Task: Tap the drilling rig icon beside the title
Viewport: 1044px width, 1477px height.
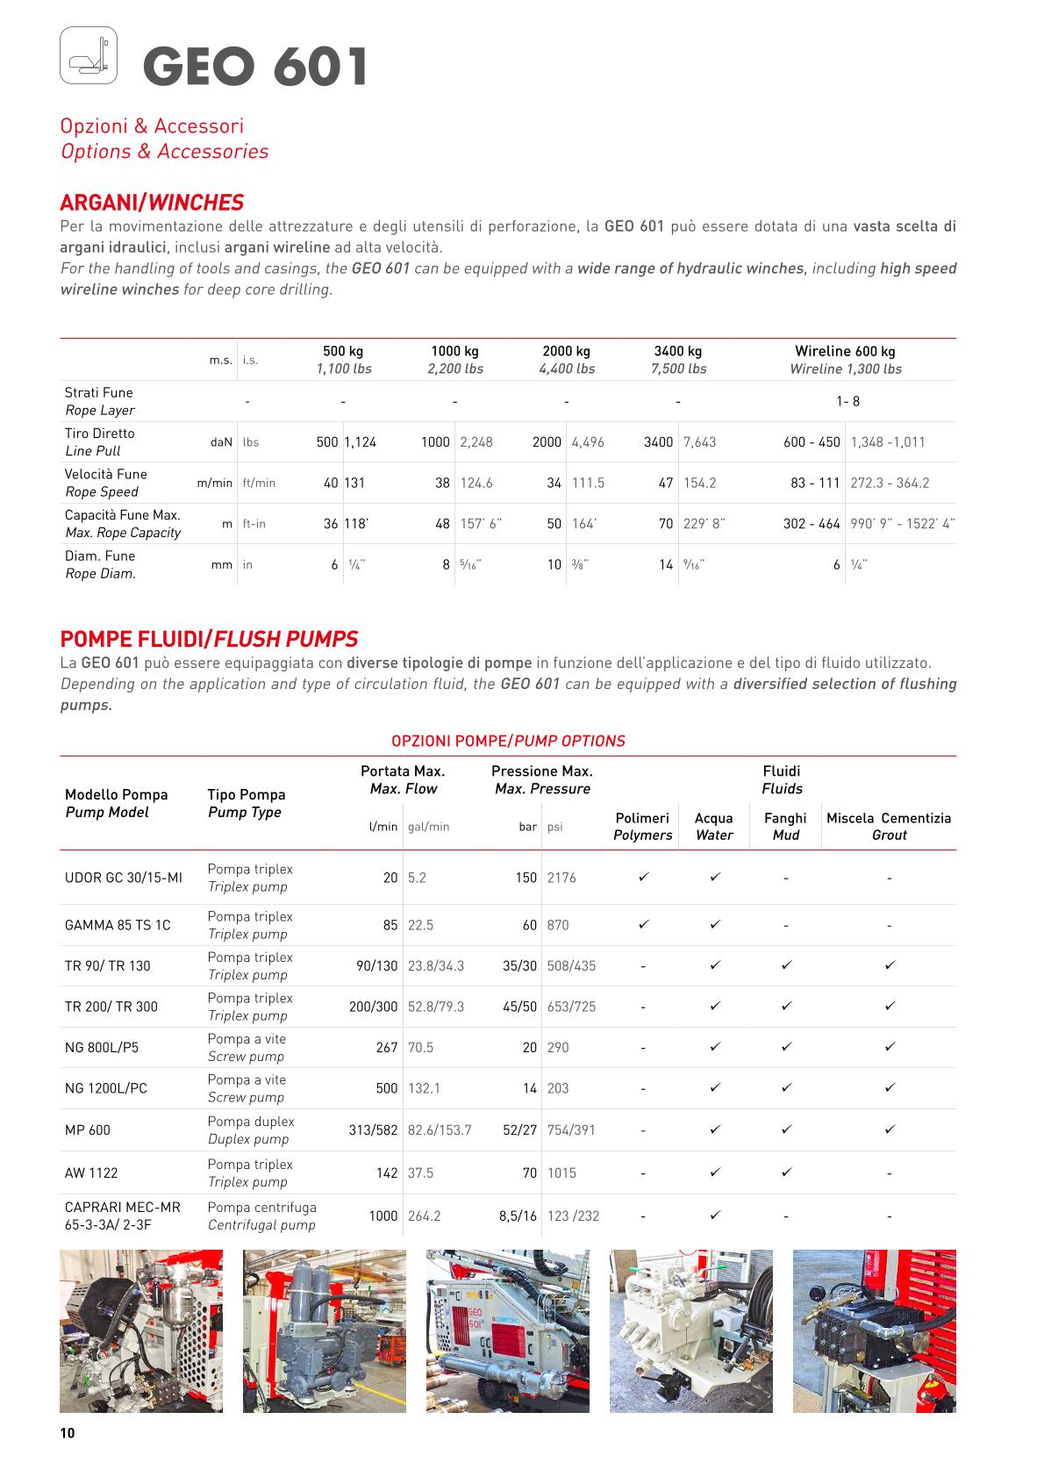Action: click(89, 55)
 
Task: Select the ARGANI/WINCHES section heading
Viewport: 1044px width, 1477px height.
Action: click(152, 203)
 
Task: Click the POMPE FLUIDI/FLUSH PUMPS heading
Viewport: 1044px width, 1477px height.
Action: click(209, 639)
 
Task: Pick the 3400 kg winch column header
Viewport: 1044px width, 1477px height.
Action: click(678, 360)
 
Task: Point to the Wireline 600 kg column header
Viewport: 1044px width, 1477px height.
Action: click(845, 360)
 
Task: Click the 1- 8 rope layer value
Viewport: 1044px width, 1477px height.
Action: click(847, 401)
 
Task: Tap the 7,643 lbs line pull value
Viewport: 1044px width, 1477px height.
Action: click(699, 442)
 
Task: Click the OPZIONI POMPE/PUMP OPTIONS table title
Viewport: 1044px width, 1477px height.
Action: click(508, 741)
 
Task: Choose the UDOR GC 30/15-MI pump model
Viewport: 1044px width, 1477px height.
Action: click(124, 878)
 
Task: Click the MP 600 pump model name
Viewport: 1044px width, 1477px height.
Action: click(88, 1130)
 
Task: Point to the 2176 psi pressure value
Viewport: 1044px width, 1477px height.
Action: click(561, 878)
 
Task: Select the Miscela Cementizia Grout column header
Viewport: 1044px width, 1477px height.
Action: click(889, 826)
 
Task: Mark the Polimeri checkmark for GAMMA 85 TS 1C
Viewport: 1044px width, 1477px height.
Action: click(643, 924)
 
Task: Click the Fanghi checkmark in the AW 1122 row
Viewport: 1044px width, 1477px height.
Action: click(786, 1172)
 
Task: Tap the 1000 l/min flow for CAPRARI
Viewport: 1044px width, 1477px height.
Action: click(383, 1215)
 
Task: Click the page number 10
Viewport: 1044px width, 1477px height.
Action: click(68, 1433)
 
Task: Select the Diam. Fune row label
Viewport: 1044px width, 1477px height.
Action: click(100, 564)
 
